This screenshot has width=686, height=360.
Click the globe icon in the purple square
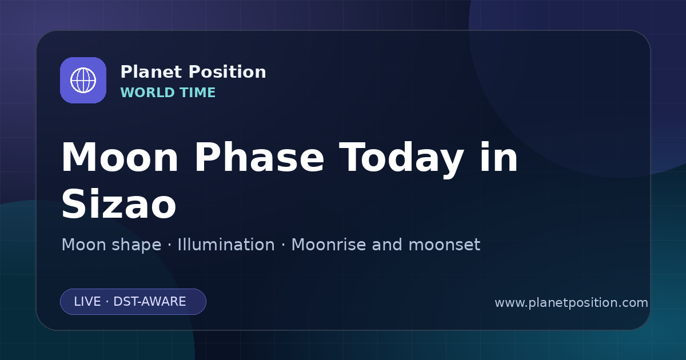pyautogui.click(x=83, y=80)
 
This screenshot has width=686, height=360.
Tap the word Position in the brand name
pyautogui.click(x=228, y=72)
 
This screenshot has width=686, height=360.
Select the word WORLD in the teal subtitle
pyautogui.click(x=147, y=93)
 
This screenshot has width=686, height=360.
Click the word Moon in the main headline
pyautogui.click(x=119, y=157)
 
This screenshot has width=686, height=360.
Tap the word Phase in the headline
pyautogui.click(x=260, y=157)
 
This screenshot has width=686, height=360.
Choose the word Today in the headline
pyautogui.click(x=401, y=159)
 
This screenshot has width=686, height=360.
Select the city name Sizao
pyautogui.click(x=119, y=203)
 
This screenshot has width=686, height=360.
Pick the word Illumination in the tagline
pyautogui.click(x=226, y=245)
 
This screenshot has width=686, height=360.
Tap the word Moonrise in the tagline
pyautogui.click(x=329, y=245)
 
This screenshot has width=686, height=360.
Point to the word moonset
pyautogui.click(x=444, y=245)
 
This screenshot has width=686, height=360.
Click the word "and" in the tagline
pyautogui.click(x=387, y=245)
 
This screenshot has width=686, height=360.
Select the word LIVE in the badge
pyautogui.click(x=87, y=302)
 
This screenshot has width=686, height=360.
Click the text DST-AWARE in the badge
pyautogui.click(x=149, y=302)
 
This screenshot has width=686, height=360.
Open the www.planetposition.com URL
pyautogui.click(x=571, y=303)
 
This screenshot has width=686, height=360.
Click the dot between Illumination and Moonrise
pyautogui.click(x=284, y=245)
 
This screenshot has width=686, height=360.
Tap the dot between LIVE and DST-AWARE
pyautogui.click(x=107, y=302)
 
